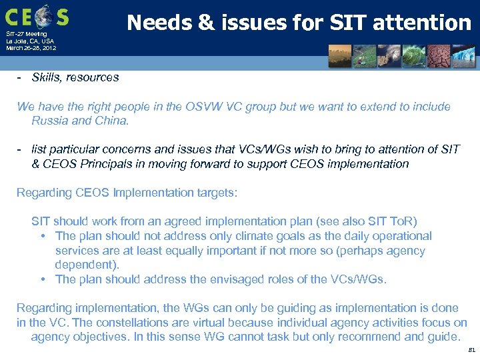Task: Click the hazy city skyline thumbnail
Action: [340, 57]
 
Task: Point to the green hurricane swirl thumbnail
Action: [388, 57]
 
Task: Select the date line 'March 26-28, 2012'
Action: [31, 48]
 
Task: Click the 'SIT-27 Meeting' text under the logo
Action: [27, 33]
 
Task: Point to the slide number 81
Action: [471, 349]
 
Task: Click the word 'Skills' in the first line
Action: [45, 77]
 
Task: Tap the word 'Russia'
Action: [50, 121]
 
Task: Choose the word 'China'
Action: [111, 121]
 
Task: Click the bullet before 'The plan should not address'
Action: [43, 237]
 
